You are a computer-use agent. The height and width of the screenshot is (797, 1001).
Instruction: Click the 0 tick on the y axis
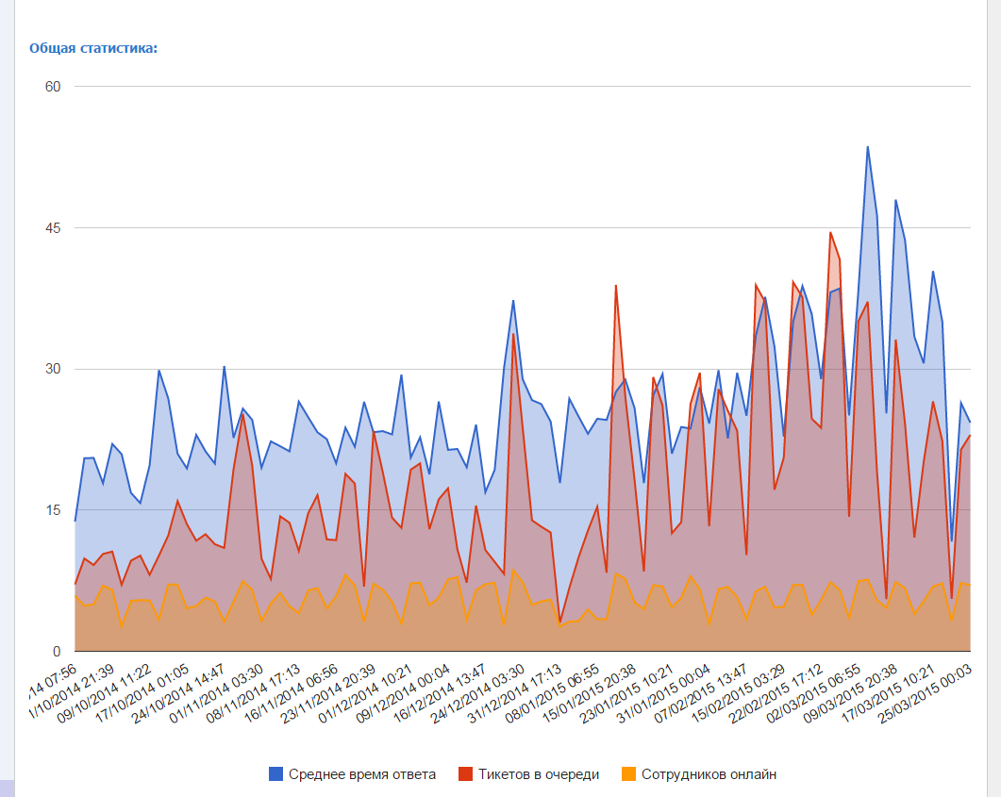[x=56, y=652]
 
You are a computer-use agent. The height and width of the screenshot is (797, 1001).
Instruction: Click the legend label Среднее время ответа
[x=362, y=774]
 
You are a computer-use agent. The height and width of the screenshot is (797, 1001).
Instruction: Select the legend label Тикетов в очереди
[x=539, y=774]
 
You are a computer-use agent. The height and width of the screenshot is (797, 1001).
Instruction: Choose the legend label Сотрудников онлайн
[x=709, y=774]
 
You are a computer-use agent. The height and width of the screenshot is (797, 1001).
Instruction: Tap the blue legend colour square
[x=276, y=774]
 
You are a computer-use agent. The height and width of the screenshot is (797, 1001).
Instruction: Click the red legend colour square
[x=466, y=774]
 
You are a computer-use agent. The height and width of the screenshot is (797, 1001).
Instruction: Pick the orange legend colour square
[x=629, y=774]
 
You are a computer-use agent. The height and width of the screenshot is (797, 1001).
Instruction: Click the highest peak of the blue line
[x=867, y=147]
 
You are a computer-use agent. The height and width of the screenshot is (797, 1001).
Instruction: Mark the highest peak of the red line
[x=830, y=232]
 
